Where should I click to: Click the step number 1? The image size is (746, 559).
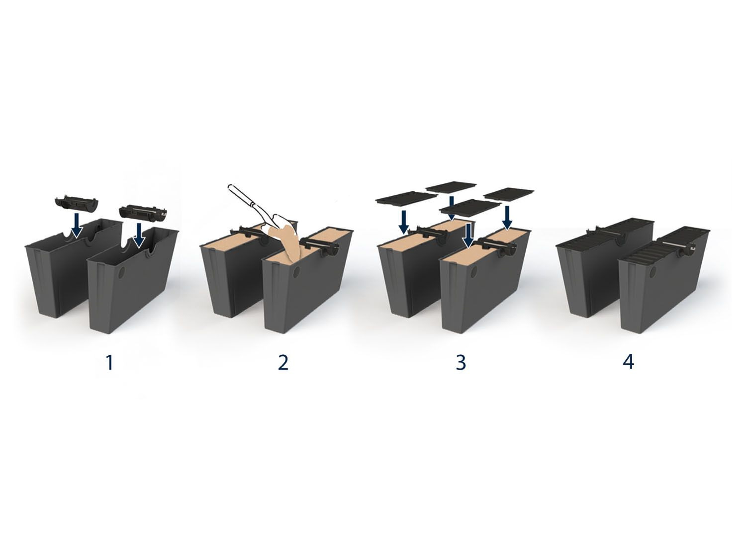pos(109,363)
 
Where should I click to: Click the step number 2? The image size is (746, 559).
pos(283,363)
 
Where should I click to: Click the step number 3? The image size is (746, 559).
pos(461,363)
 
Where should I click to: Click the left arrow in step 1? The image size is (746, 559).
pos(77,225)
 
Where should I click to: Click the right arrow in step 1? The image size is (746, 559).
pos(139,235)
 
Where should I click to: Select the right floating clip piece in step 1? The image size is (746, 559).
pos(143,212)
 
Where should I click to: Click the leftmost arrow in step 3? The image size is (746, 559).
pos(404,222)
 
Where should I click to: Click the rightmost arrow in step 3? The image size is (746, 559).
pos(507,218)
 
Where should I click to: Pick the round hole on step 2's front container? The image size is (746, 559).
pos(297,271)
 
